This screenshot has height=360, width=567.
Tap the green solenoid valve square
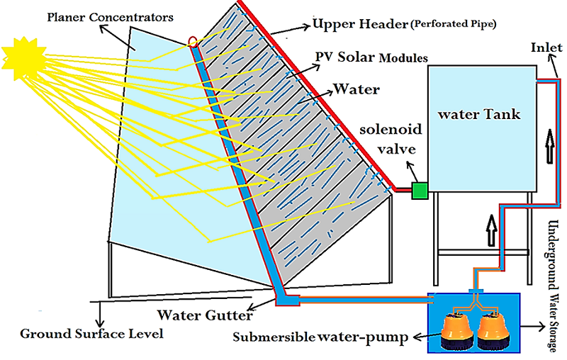pos(419,190)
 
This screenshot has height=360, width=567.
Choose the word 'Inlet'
pos(546,48)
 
